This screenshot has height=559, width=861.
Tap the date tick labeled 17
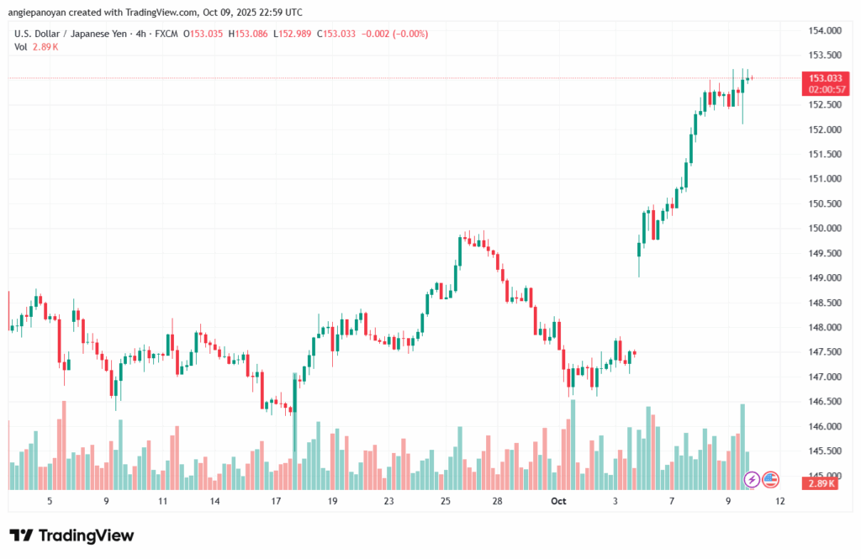coord(275,501)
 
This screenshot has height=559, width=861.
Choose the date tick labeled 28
coord(498,501)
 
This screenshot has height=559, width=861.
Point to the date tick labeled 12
coord(780,501)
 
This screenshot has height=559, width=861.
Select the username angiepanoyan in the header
coord(48,13)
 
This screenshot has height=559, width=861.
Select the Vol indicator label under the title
coord(21,47)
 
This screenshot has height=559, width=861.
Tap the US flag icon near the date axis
coord(771,480)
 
